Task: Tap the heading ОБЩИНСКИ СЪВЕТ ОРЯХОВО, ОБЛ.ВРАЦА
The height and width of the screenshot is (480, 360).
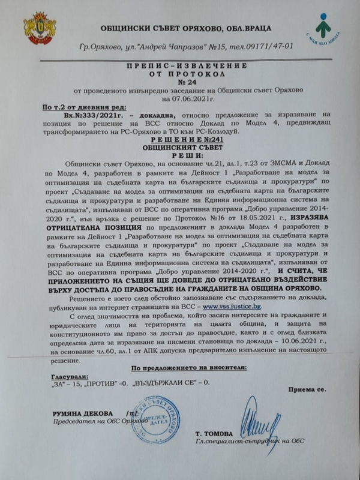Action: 180,28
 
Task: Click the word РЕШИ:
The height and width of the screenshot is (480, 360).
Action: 180,153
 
